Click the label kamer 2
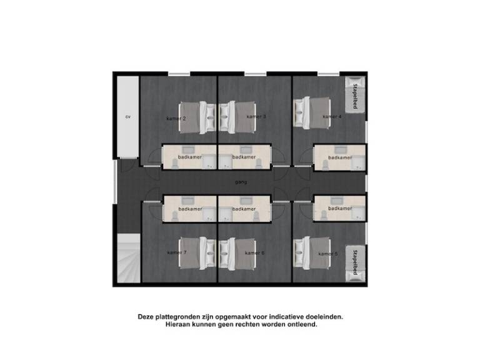[176, 119]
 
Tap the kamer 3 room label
[256, 117]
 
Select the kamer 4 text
[332, 117]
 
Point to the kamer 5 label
[328, 254]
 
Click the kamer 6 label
[255, 253]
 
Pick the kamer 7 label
[177, 252]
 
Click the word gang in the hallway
[241, 182]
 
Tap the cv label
[128, 117]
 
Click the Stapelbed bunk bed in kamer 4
[355, 94]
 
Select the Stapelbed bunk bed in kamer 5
[355, 263]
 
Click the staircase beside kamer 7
[129, 258]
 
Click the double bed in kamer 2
[197, 118]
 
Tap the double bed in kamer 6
[237, 254]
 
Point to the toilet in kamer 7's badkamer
[174, 216]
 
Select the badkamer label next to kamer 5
[340, 209]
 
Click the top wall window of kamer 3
[255, 74]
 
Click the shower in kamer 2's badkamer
[209, 162]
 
